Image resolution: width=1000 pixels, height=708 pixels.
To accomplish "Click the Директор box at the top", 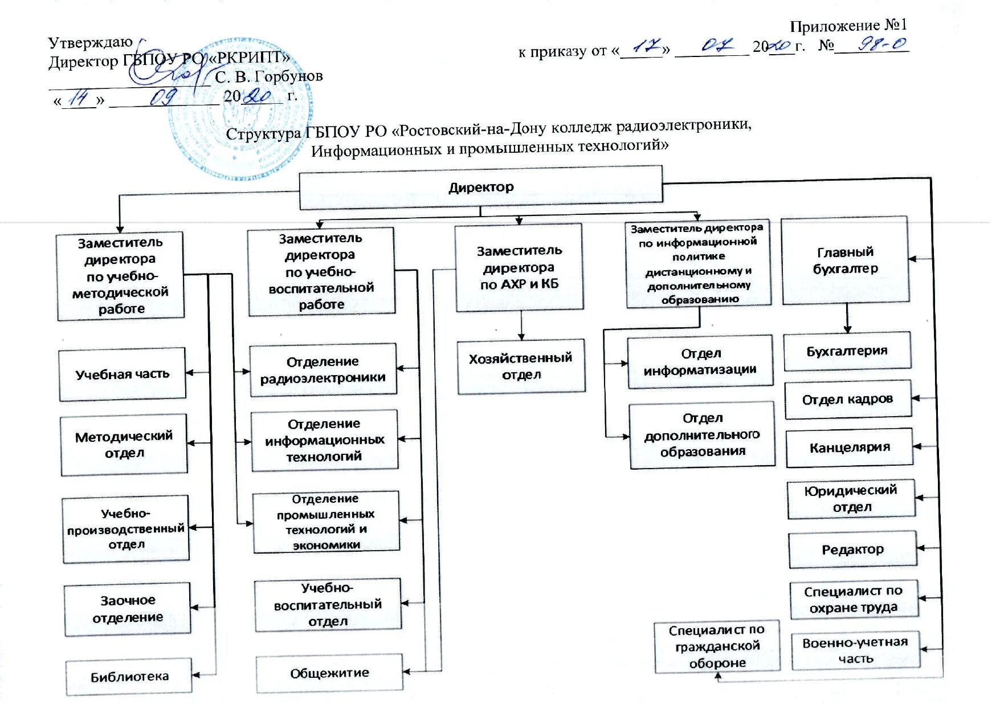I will click(481, 187).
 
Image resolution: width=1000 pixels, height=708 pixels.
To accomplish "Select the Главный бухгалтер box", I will click(845, 261).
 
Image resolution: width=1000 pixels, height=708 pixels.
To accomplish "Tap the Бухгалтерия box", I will click(847, 351).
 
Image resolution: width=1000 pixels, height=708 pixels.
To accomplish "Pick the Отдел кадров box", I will click(848, 400).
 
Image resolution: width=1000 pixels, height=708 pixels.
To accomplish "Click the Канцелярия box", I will click(850, 448).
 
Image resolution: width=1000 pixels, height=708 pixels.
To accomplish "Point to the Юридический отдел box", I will click(851, 499).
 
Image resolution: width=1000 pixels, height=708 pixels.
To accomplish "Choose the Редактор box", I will click(853, 550).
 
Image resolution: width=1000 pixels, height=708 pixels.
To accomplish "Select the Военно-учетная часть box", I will click(855, 650).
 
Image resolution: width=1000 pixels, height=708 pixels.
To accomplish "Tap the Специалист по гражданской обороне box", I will click(717, 646).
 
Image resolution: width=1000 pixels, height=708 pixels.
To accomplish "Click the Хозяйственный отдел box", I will click(521, 367).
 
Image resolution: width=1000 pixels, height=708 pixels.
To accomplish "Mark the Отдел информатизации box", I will click(700, 362).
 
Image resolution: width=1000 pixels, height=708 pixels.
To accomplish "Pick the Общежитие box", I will click(329, 673).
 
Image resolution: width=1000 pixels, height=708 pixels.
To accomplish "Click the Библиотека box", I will click(129, 677).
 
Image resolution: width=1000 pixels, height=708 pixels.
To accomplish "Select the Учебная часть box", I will click(123, 375).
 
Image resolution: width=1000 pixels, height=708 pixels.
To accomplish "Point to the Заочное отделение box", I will click(128, 609).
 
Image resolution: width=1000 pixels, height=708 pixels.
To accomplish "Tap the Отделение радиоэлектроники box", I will click(323, 370).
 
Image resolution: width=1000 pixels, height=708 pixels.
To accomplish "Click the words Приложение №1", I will click(848, 26).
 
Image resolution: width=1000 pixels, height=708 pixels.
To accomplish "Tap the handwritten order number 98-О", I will click(882, 44).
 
